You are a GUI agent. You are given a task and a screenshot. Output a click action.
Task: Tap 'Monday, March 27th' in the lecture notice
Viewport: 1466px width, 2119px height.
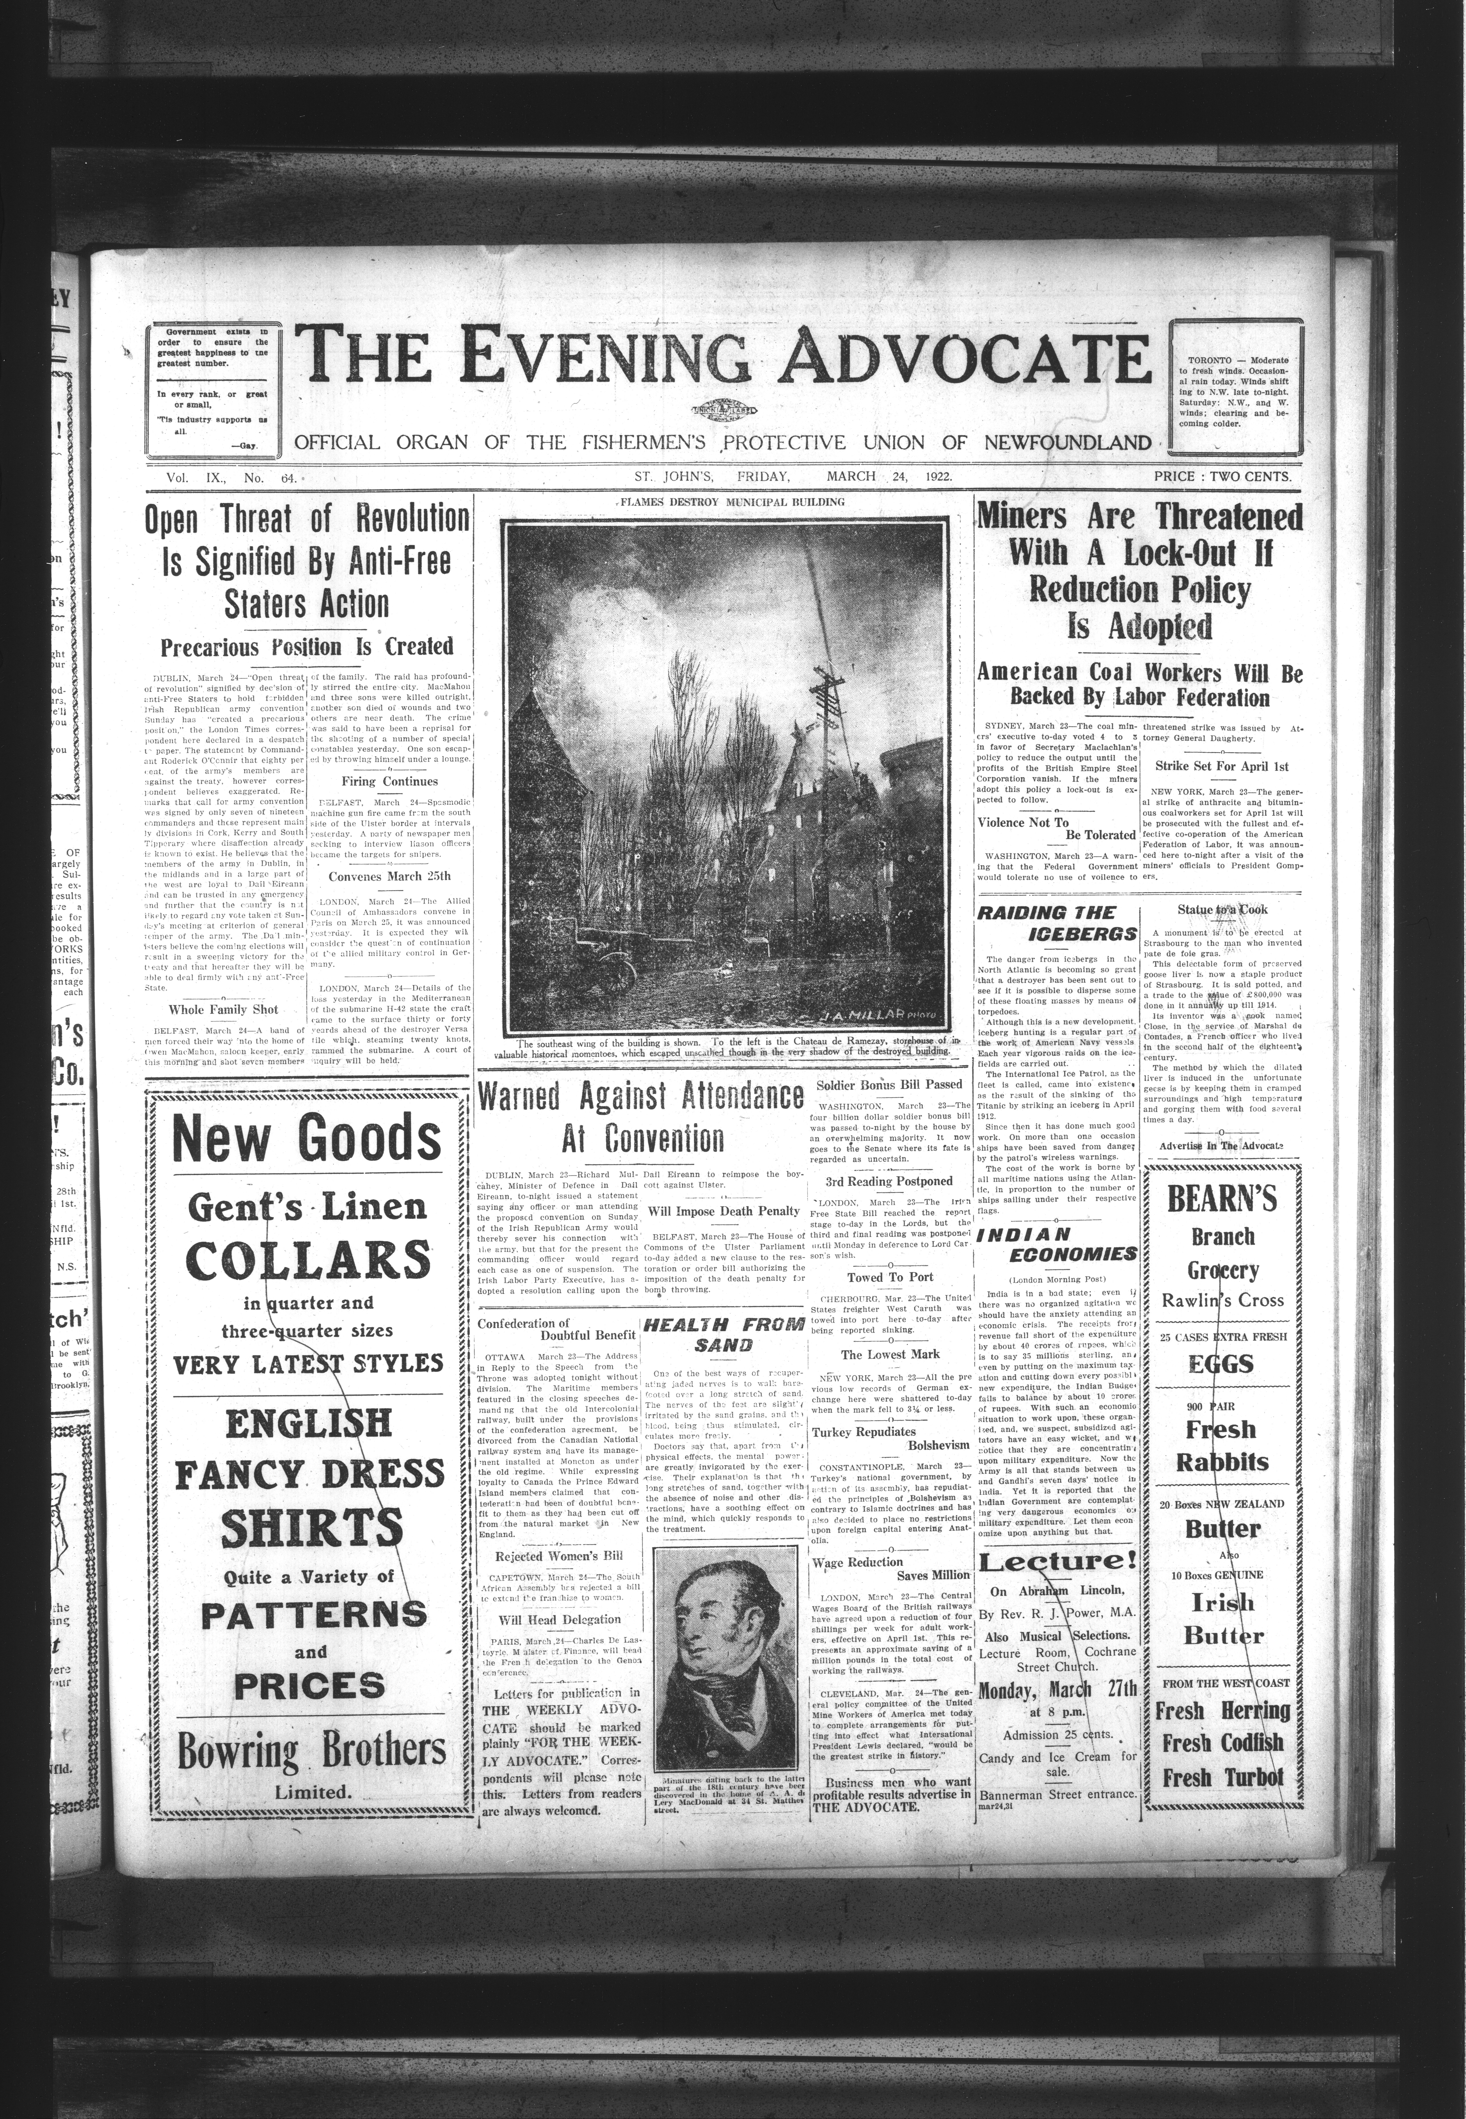pos(1057,1689)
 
